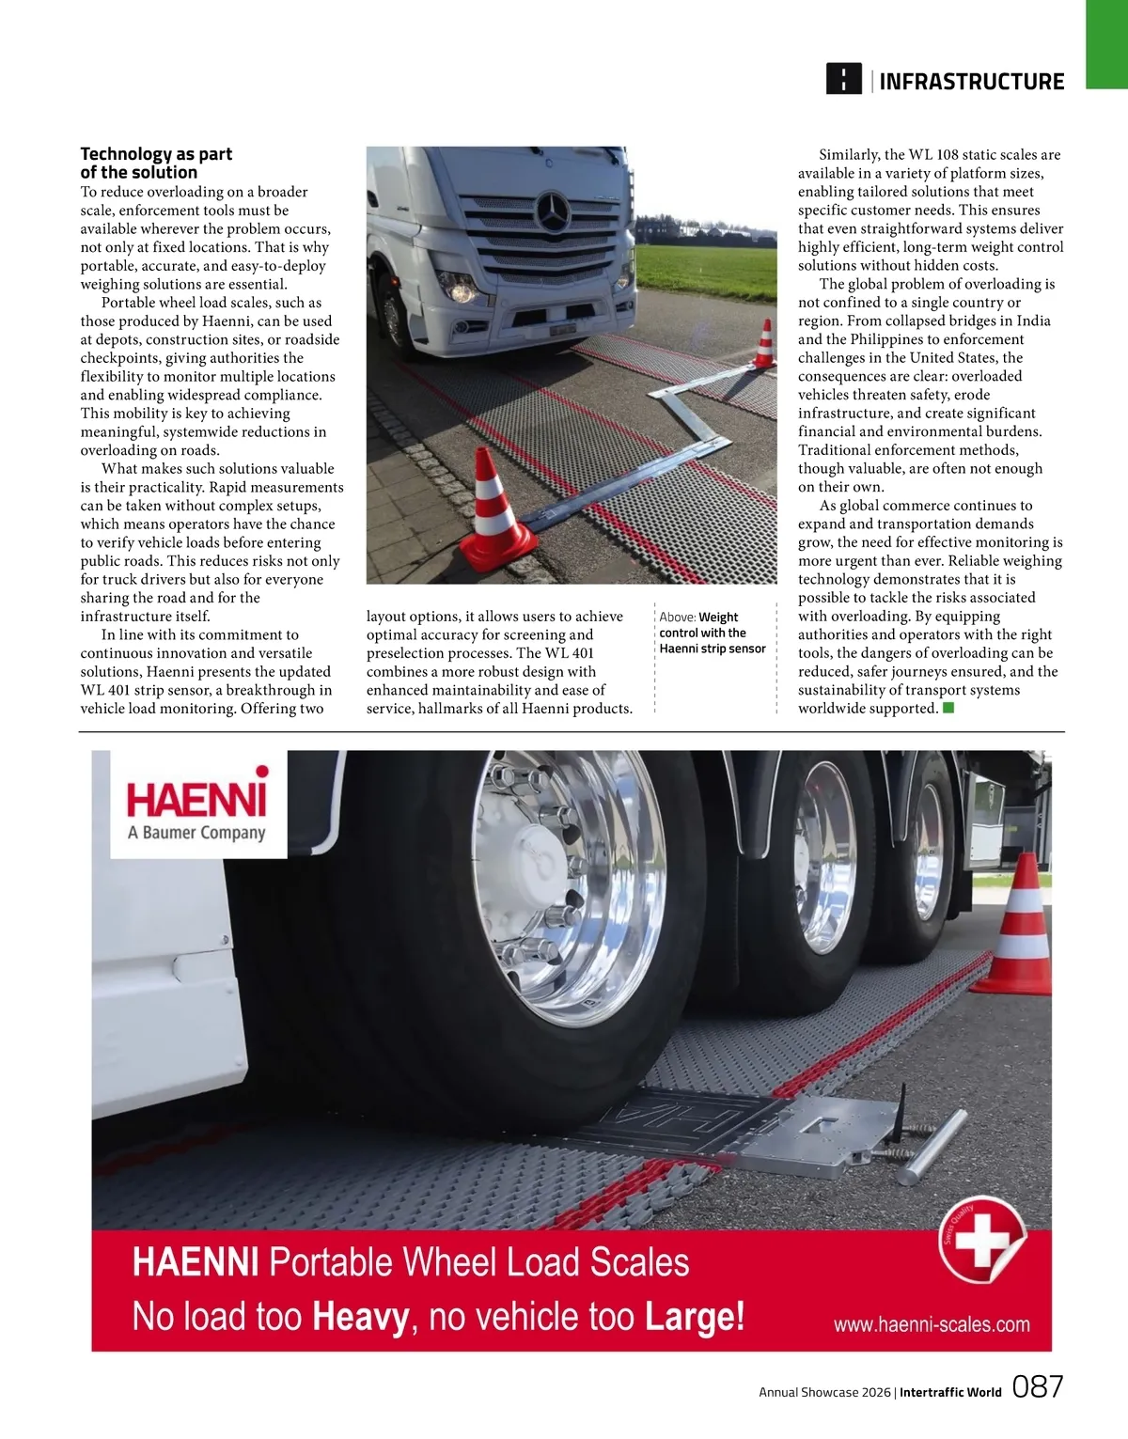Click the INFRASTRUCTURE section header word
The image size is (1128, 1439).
pos(971,82)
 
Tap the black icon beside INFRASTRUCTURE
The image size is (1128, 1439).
pos(843,79)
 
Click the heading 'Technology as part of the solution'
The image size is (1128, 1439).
pos(156,163)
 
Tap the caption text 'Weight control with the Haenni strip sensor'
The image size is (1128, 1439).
pos(713,633)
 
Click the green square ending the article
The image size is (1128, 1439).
pos(948,708)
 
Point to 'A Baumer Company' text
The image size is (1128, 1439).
pos(197,833)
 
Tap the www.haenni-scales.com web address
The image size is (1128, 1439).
pos(932,1324)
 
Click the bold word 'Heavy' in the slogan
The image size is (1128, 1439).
pos(361,1317)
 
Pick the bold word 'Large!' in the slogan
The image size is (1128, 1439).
pos(695,1317)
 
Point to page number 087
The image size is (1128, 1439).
pos(1038,1386)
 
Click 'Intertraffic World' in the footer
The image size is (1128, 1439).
pos(950,1392)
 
